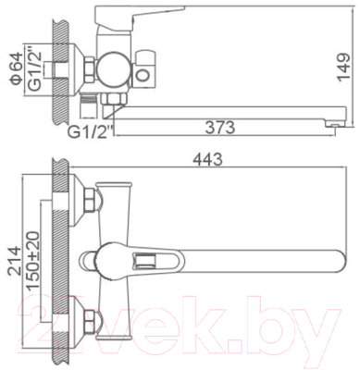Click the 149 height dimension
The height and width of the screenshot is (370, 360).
343,69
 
